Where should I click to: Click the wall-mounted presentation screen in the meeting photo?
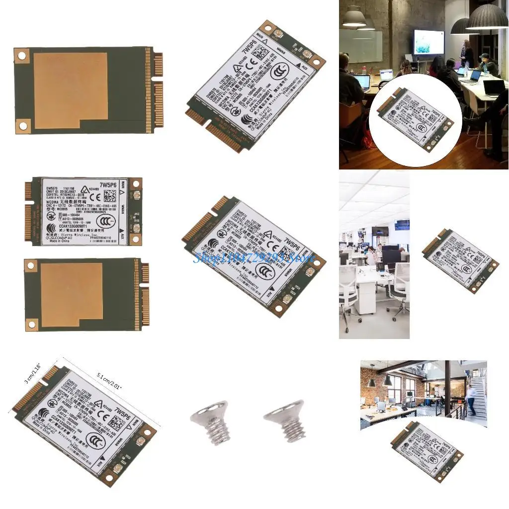[x=428, y=42]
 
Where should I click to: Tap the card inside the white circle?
[x=415, y=120]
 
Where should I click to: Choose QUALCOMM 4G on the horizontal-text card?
[x=59, y=237]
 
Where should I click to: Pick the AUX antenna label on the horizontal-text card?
[x=122, y=238]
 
